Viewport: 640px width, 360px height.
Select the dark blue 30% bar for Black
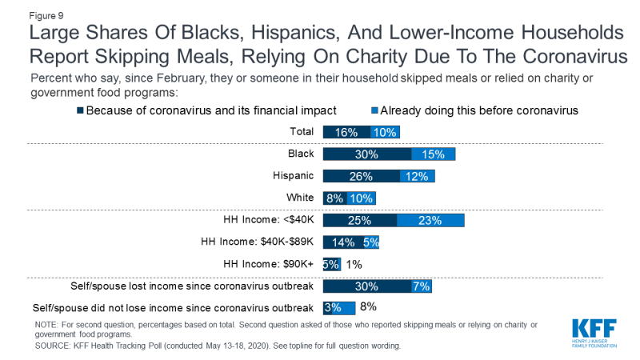coord(366,154)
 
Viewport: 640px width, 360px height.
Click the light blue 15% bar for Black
coord(433,154)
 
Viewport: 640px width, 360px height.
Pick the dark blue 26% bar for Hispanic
coord(360,176)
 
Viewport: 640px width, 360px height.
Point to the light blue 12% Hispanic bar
coord(416,176)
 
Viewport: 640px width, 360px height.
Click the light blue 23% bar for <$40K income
coord(430,220)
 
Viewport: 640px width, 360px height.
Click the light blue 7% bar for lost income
coord(421,286)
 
